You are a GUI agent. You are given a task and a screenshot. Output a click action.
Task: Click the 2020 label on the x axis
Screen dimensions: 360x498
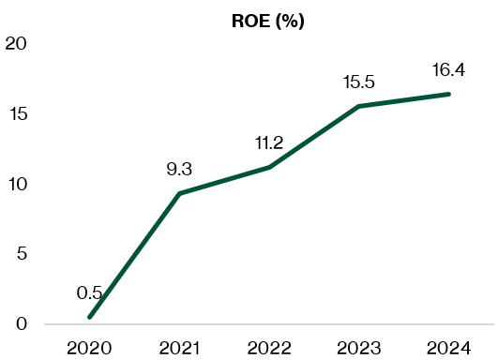coord(90,349)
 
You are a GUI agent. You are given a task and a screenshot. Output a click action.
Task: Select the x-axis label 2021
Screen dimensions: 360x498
coord(179,349)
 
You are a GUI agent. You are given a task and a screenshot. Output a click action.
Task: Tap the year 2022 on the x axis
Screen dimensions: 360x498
coord(269,349)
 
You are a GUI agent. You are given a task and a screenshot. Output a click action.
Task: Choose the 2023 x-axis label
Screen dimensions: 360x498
coord(359,349)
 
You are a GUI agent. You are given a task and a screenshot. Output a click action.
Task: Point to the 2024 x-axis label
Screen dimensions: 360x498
coord(449,349)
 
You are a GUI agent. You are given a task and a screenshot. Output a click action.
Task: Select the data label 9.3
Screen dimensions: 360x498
coord(179,170)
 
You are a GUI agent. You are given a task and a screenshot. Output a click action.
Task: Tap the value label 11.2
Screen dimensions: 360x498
coord(269,143)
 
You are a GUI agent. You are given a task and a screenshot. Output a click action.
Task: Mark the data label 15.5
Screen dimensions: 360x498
coord(359,83)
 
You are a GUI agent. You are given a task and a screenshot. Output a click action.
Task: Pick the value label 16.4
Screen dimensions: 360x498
coord(449,70)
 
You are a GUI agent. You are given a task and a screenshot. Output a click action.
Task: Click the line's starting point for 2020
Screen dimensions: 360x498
coord(90,317)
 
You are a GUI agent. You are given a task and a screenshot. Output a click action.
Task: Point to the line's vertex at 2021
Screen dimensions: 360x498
coord(179,194)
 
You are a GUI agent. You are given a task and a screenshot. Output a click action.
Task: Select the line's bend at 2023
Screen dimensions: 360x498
coord(359,107)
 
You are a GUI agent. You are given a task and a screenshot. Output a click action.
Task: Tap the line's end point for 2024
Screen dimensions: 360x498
coord(449,94)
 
